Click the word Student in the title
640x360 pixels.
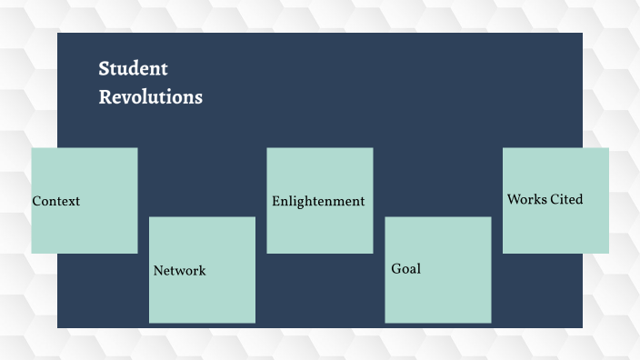134,68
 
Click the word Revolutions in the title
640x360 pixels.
151,97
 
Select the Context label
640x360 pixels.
56,201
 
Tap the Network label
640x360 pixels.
180,270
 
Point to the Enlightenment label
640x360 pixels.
318,201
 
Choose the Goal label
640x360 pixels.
406,269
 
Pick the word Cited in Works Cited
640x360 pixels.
566,199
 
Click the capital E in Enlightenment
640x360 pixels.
276,201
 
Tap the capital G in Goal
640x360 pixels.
396,269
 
